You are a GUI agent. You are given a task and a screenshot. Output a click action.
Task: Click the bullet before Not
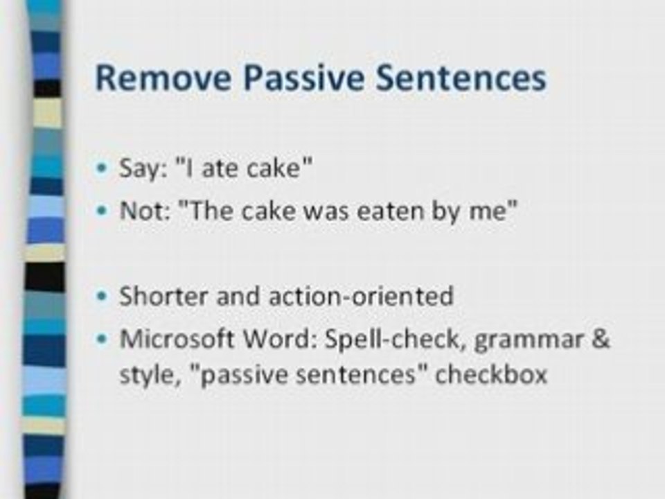(x=103, y=212)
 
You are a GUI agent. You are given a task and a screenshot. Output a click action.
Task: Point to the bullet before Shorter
(x=103, y=297)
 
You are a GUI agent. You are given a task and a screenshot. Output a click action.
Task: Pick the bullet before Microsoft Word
(x=103, y=340)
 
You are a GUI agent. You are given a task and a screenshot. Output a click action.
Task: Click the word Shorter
(x=164, y=296)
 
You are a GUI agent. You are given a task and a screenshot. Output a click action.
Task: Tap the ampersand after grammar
(x=600, y=340)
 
